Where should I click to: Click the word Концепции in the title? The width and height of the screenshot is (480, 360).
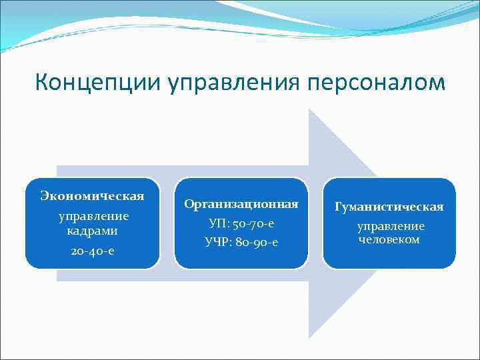(98, 83)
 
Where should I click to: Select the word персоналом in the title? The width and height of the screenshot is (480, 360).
(376, 83)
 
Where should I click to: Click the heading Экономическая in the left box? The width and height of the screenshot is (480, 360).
(93, 196)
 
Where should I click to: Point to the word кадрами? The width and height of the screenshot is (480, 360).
(92, 231)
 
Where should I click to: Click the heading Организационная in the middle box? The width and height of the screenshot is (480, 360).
(241, 203)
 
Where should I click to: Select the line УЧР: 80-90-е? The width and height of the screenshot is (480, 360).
(241, 241)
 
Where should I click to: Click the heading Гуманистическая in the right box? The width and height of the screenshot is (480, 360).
(389, 207)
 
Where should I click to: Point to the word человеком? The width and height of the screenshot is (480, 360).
(389, 239)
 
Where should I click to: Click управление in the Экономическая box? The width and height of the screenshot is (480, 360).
(93, 217)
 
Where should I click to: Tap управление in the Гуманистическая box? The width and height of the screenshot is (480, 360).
(390, 227)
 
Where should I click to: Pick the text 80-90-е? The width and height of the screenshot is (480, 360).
(257, 241)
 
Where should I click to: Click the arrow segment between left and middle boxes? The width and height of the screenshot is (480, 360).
(167, 223)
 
